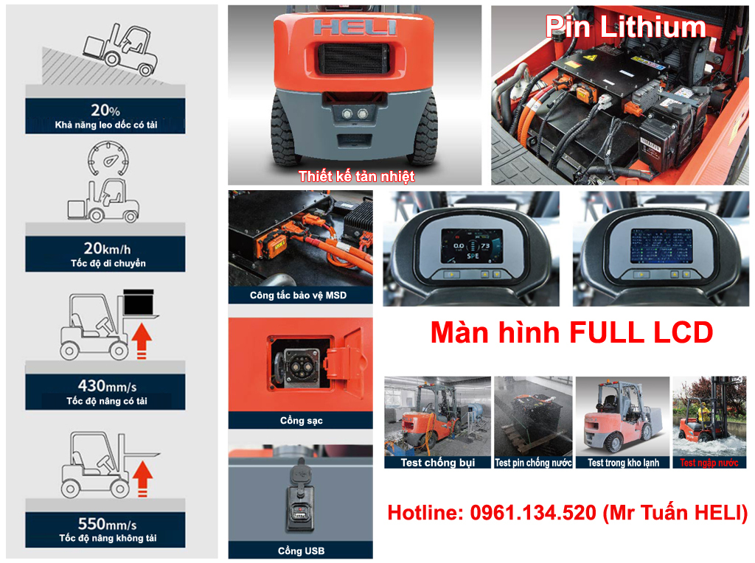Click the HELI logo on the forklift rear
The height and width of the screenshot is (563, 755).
[355, 27]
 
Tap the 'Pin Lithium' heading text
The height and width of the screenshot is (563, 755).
[626, 27]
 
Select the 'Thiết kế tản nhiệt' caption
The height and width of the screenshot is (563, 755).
[356, 176]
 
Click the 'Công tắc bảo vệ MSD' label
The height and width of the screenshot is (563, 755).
[298, 296]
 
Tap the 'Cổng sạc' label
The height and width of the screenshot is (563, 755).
[301, 421]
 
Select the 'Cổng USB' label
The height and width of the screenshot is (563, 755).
[301, 550]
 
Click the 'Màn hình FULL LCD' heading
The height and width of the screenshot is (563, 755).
[571, 332]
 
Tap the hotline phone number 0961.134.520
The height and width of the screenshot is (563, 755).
[532, 513]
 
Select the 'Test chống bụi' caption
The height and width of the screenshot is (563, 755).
[437, 463]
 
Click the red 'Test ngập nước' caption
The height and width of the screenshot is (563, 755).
[709, 463]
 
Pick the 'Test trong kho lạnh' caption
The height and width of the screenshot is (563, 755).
[623, 463]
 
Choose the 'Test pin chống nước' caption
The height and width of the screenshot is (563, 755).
[533, 463]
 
